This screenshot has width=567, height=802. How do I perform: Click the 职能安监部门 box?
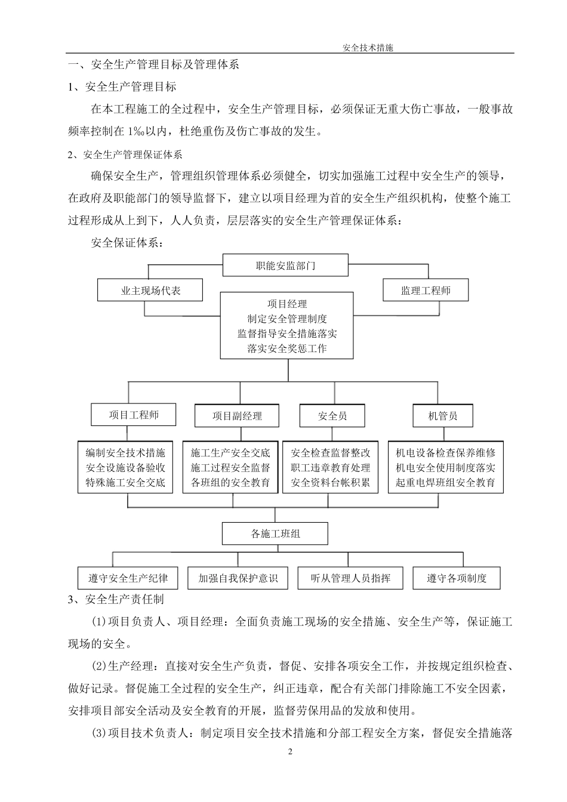coord(285,266)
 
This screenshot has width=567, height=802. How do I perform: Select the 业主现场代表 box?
coord(150,291)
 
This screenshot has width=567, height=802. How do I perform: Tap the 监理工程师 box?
coord(425,291)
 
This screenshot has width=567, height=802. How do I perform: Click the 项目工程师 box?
coord(134,415)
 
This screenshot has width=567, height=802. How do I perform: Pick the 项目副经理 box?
coord(237,416)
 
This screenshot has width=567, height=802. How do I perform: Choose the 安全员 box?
coord(332,416)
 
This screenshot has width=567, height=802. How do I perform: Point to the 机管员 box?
coord(443,416)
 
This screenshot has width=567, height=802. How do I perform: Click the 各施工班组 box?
coord(275,533)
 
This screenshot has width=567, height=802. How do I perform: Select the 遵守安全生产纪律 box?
coord(128,578)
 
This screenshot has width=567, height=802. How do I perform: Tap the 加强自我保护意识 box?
coord(238,578)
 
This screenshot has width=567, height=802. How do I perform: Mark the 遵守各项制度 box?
coord(457,578)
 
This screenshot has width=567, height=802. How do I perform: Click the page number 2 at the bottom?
coord(291,751)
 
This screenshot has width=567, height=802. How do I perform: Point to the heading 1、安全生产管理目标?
coord(122,87)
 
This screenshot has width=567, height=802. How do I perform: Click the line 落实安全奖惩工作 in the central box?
coord(287,348)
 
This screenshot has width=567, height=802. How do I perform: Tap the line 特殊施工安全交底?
coord(125,483)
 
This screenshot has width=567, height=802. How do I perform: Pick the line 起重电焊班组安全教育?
coord(445,483)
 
